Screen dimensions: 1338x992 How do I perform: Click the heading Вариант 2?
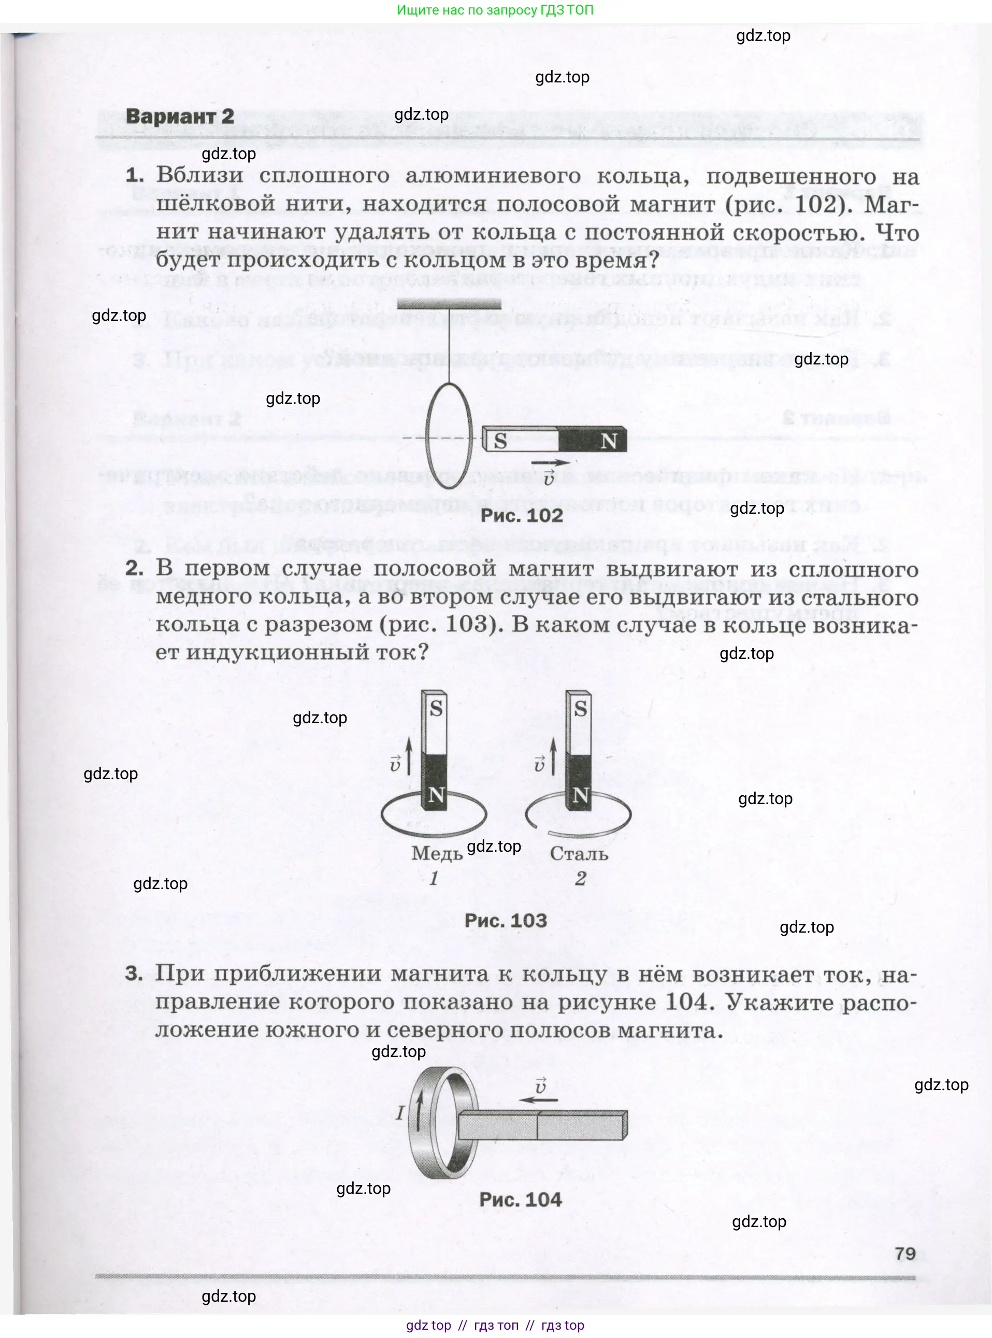point(180,116)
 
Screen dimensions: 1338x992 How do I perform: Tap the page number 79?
point(904,1254)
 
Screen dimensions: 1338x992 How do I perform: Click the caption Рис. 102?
point(521,515)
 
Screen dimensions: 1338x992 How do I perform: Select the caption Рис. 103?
point(506,921)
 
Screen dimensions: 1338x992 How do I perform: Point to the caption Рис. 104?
point(520,1199)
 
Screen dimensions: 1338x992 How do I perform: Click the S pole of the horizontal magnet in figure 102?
point(500,441)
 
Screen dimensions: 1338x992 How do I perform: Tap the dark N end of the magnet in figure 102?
point(608,441)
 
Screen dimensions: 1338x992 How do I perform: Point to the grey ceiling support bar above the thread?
point(449,304)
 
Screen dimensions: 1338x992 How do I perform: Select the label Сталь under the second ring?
point(579,853)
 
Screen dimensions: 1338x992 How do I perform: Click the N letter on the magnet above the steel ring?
point(580,795)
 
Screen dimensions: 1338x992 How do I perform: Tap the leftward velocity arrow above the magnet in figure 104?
point(539,1100)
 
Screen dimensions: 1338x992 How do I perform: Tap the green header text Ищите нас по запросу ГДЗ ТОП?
point(495,10)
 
